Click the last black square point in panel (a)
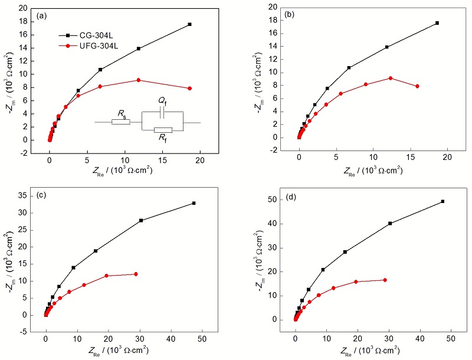189,24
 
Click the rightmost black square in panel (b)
437,23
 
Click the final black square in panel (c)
194,203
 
